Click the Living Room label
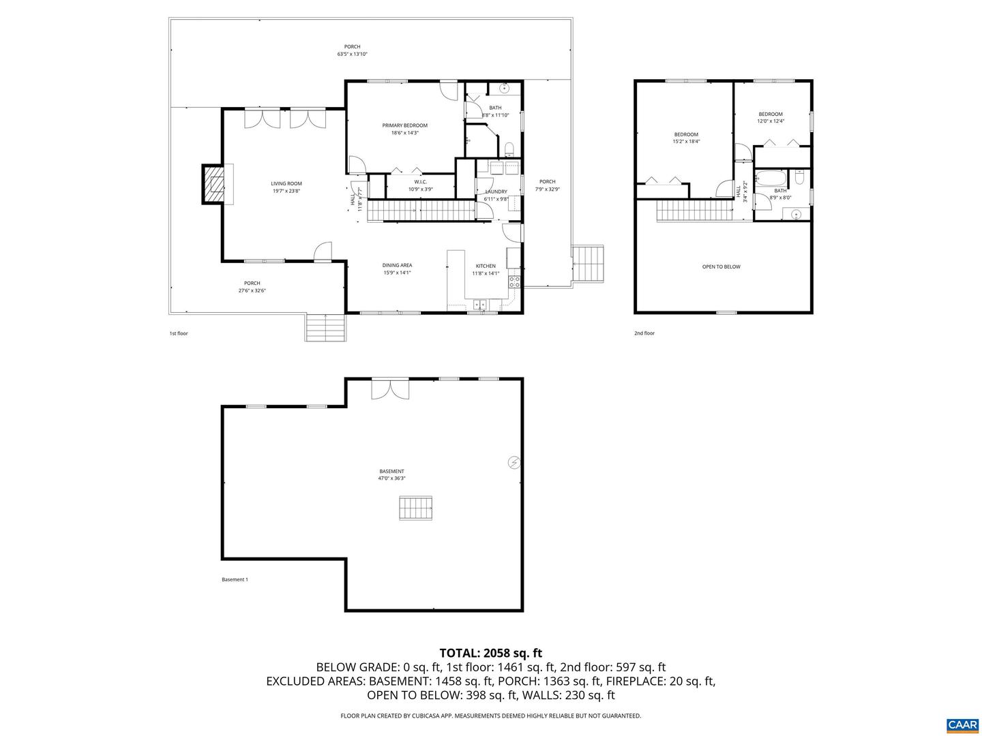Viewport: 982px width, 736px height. coord(286,187)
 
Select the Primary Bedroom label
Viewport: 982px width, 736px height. coord(404,129)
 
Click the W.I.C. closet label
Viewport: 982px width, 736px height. coord(420,185)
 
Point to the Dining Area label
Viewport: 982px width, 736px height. coord(396,269)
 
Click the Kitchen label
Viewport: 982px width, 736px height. coord(486,269)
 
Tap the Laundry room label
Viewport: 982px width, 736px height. coord(496,195)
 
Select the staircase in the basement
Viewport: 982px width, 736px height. coord(416,508)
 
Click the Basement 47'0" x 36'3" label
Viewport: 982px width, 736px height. coord(391,474)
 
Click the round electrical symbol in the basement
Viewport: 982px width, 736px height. coord(514,463)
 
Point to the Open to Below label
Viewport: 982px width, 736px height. coord(721,266)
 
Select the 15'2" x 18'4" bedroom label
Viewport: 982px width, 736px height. coord(686,138)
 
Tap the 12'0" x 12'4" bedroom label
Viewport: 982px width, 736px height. coord(771,117)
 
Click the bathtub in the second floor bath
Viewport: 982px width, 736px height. coord(771,179)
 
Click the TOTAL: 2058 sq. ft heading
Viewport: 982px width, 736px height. coord(490,653)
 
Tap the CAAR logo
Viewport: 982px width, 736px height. coord(962,724)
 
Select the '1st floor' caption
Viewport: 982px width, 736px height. coord(179,333)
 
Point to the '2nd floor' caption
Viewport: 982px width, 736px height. coord(644,333)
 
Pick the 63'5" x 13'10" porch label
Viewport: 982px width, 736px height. coord(352,50)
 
